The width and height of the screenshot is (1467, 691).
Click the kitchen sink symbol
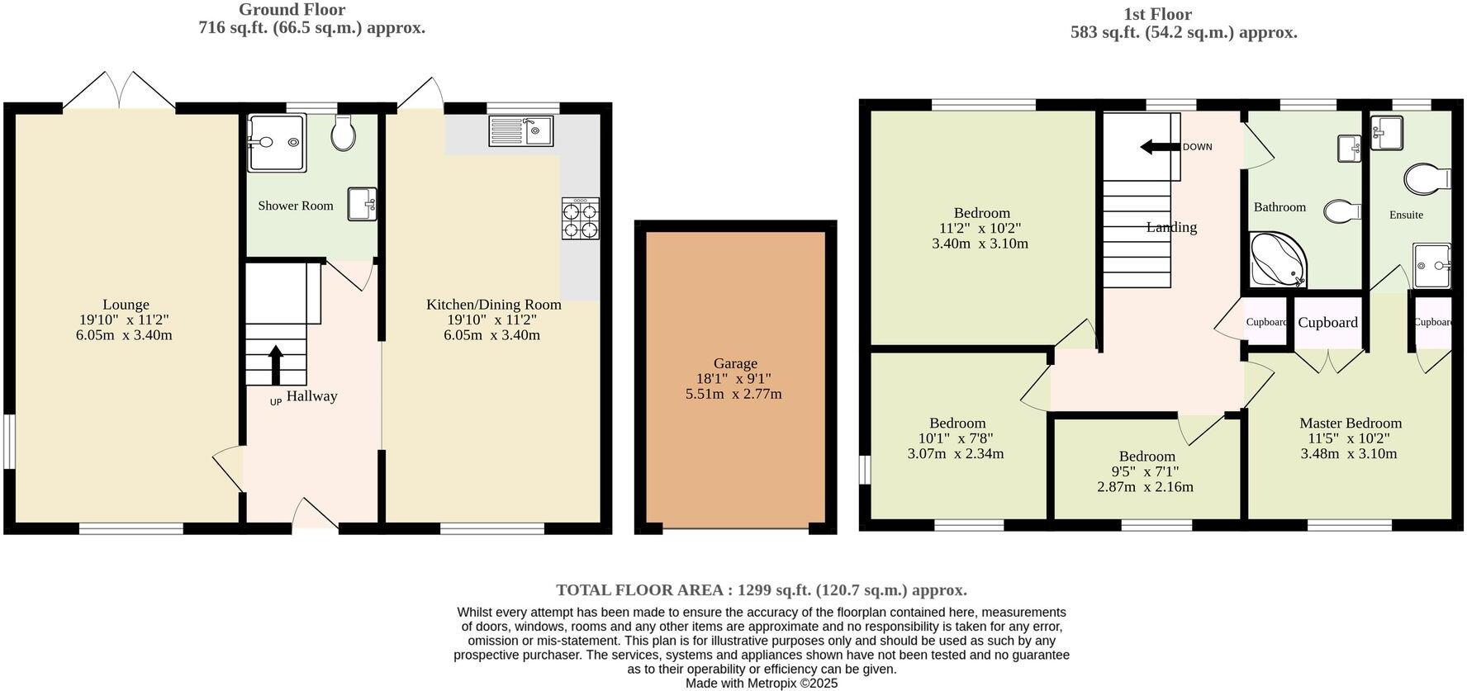521,130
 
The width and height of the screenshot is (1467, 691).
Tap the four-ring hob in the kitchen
581,219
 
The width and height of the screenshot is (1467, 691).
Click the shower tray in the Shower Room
277,143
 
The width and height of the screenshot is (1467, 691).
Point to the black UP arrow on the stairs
276,362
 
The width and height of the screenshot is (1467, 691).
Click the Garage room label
735,363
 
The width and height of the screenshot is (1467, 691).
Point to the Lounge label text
126,305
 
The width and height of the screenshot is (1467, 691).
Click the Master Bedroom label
1350,423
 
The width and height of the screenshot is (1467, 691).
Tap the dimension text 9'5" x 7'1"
1145,471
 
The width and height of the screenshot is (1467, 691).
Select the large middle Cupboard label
1327,323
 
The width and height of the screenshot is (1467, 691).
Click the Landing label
1170,227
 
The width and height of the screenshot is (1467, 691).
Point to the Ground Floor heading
292,10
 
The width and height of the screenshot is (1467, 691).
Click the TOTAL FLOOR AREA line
761,589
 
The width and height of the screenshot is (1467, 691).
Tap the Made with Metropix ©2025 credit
761,683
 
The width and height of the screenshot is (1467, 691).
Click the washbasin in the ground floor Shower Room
362,204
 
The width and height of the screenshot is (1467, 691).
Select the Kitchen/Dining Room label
493,305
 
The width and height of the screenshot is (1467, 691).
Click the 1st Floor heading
1157,14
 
